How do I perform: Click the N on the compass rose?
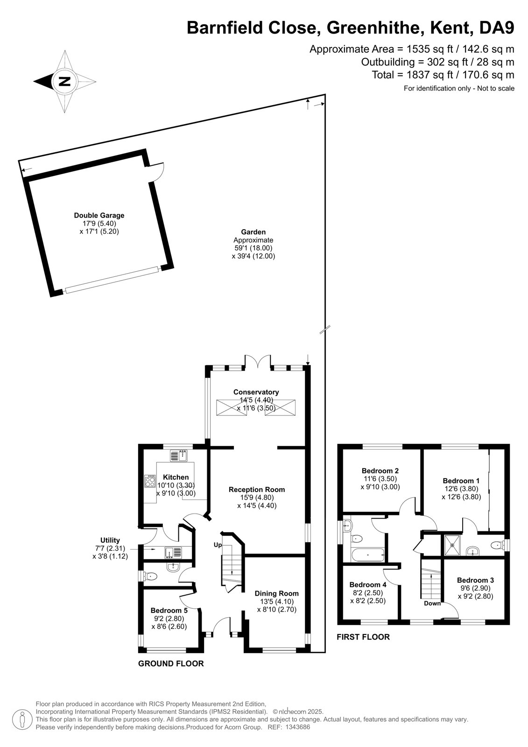pos(64,81)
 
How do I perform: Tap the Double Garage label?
pos(99,215)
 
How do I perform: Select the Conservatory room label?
pos(256,392)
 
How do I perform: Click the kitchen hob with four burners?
pos(150,480)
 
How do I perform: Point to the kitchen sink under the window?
pos(178,456)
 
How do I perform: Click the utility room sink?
pos(173,552)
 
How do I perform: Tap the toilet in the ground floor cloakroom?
pos(150,575)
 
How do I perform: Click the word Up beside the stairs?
pos(218,545)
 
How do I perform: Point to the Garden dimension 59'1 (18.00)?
pos(253,248)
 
